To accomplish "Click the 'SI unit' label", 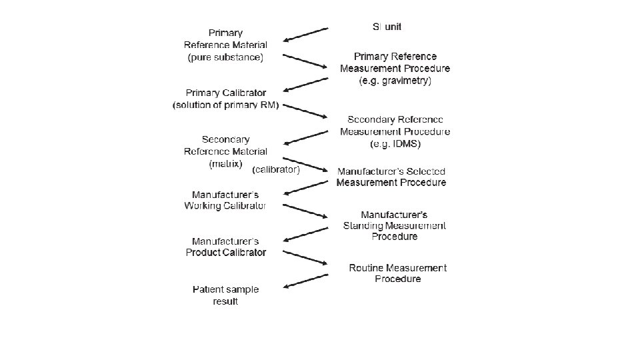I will (387, 27).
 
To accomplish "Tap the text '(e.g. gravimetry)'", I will (395, 81).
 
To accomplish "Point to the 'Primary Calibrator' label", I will (225, 93).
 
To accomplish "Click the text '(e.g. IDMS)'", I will (395, 143).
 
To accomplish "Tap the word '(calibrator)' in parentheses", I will (276, 169).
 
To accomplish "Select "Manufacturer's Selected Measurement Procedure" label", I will (391, 177).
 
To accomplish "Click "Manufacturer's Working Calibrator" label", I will (225, 200).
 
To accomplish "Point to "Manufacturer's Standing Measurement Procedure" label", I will (395, 225).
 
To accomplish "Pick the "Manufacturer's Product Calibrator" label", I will (225, 247).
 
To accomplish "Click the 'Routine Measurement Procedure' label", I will (398, 273).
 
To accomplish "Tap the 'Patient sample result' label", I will (225, 295).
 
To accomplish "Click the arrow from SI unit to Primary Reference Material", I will (306, 35).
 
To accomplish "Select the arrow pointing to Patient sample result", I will (306, 281).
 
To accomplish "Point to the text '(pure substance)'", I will (225, 57).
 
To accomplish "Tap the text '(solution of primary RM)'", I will (225, 105).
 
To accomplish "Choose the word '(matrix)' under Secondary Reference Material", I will (225, 163).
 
